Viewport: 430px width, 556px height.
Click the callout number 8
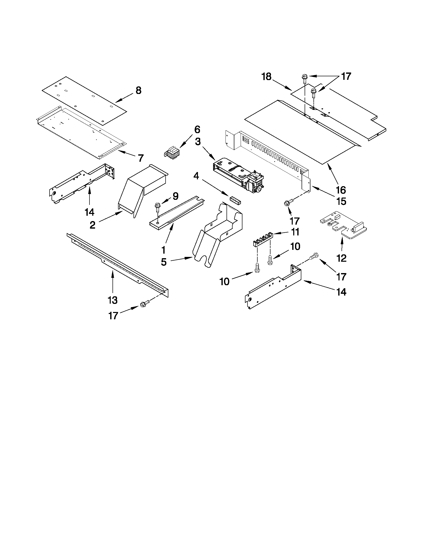(x=138, y=90)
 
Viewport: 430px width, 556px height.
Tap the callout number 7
(x=141, y=158)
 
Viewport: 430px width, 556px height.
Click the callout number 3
(x=198, y=141)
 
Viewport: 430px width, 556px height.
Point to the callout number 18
(x=267, y=77)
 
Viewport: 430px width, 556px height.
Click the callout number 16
(x=341, y=190)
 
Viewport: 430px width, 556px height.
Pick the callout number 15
(x=341, y=201)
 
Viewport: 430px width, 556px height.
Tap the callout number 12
(x=341, y=258)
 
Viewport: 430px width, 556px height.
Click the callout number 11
(x=295, y=232)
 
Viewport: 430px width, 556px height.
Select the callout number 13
(x=112, y=300)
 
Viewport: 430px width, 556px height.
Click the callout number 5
(x=164, y=262)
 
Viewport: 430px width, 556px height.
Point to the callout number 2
(x=93, y=225)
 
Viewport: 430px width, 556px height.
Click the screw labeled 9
(x=157, y=206)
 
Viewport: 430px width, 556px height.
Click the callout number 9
(x=175, y=196)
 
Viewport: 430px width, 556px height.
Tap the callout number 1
(x=163, y=250)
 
